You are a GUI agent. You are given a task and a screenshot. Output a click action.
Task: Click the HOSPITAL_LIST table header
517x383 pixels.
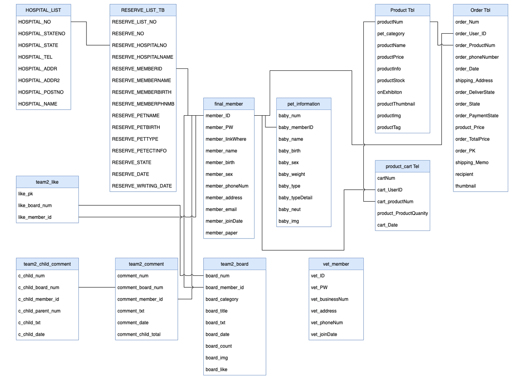pos(43,10)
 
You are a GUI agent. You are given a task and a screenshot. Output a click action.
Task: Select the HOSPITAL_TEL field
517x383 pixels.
pos(35,57)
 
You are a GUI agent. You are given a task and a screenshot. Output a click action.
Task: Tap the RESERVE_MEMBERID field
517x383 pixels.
pos(137,69)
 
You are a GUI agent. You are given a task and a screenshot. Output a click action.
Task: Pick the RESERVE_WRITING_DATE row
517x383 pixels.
pos(142,186)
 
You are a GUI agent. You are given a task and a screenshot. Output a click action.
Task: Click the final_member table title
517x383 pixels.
pos(228,104)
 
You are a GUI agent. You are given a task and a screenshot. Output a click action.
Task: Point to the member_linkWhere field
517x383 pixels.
pos(226,139)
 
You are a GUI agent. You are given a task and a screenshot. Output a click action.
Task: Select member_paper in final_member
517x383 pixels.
pos(221,233)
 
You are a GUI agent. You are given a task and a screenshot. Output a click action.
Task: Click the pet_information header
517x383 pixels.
pos(303,104)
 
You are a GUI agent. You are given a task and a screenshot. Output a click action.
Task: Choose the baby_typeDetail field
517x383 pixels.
pos(295,198)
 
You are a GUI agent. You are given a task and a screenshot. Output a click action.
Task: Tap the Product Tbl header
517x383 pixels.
pos(402,10)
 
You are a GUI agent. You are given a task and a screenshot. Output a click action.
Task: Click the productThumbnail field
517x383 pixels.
pos(396,104)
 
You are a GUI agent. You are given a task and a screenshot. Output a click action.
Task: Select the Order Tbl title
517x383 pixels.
pos(480,10)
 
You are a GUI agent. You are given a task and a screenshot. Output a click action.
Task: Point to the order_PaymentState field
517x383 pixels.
pos(477,116)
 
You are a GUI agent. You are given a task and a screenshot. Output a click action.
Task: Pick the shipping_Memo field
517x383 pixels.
pos(472,162)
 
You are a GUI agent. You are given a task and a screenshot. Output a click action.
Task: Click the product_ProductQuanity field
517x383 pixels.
pos(402,213)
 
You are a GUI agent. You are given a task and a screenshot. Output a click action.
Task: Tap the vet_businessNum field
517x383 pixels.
pos(329,299)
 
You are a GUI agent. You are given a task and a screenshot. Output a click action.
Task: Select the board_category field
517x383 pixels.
pos(222,299)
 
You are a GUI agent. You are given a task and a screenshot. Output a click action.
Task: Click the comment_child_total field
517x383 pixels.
pos(139,335)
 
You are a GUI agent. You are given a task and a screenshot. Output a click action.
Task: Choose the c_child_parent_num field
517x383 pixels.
pos(39,311)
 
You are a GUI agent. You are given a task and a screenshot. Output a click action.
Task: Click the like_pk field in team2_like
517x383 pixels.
pos(26,194)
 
